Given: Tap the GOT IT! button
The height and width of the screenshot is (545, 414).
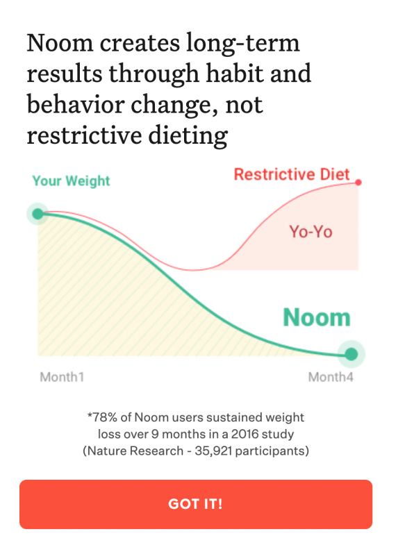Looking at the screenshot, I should pos(195,504).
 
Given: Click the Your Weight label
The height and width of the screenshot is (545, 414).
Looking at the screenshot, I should pos(71,181).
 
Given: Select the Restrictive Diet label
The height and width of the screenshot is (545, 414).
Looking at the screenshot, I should pos(292,174).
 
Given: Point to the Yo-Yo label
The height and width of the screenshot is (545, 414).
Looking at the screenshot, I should pos(310,231).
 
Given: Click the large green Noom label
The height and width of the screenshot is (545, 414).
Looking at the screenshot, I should pos(316,317).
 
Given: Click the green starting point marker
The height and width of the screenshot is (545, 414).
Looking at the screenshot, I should pos(38,213).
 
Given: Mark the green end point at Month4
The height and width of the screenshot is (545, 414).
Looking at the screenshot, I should pos(351,355).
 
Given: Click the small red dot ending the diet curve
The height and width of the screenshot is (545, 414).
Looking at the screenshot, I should pos(358,183).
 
